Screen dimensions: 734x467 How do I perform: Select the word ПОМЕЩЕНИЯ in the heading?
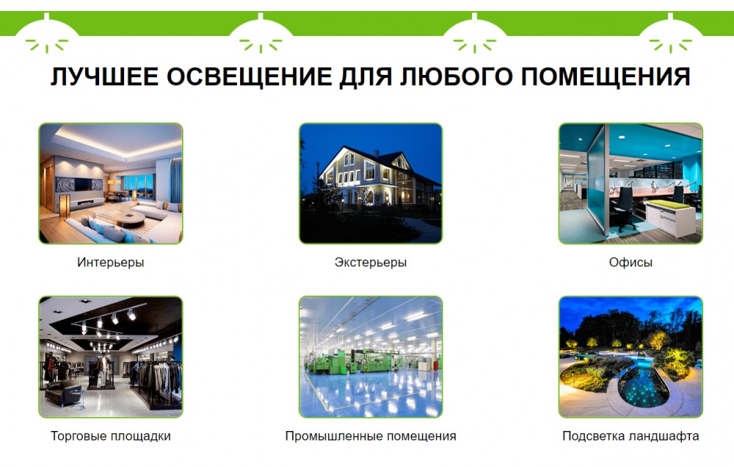tap(606, 76)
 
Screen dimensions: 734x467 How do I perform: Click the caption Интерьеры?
tap(111, 262)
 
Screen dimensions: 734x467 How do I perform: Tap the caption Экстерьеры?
tap(370, 262)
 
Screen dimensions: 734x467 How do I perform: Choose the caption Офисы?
tap(631, 262)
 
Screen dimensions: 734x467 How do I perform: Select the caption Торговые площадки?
tap(111, 436)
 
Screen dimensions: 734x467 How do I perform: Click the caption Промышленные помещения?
tap(370, 436)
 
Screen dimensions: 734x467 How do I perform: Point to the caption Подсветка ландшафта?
tap(631, 436)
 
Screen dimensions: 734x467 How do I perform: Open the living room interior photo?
tap(111, 184)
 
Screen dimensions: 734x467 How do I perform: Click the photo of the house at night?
tap(370, 184)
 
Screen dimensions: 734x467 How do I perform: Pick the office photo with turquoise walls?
tap(631, 184)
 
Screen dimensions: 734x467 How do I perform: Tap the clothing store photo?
tap(111, 357)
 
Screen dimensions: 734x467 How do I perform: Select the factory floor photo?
tap(370, 357)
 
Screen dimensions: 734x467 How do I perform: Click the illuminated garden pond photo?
tap(631, 357)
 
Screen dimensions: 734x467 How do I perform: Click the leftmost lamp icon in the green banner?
tap(46, 34)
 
